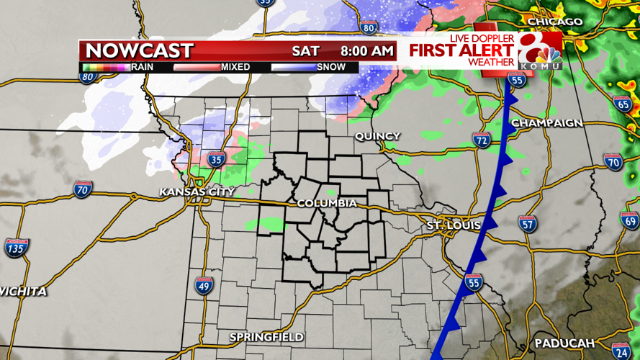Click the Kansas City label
pos(197,192)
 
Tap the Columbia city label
pos(327,204)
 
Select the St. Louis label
pos(453,226)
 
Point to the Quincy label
pos(377,136)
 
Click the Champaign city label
pos(546,123)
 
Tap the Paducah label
pos(564,342)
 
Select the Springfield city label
pos(266,337)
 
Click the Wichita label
pos(24,292)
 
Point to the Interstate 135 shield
pos(16,248)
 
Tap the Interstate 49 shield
pos(203,286)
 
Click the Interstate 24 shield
pos(621,351)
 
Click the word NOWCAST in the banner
pos(139,51)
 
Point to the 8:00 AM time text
pos(366,51)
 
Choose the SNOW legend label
pos(331,67)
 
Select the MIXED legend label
pos(235,67)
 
